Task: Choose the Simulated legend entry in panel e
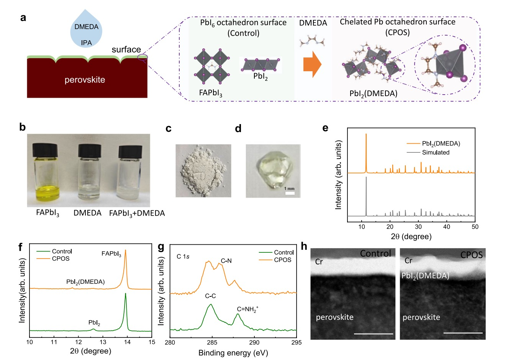pos(436,152)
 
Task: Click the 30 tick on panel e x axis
pos(418,227)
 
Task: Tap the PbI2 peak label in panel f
pos(94,323)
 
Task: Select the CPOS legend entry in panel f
pos(61,259)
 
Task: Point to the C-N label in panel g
pos(226,261)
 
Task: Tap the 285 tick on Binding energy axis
pos(212,342)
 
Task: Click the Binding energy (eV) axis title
pos(233,353)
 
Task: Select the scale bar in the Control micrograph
pos(374,333)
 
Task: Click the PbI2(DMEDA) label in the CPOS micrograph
pos(425,275)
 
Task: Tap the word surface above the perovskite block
pos(126,50)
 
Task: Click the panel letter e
pos(325,128)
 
